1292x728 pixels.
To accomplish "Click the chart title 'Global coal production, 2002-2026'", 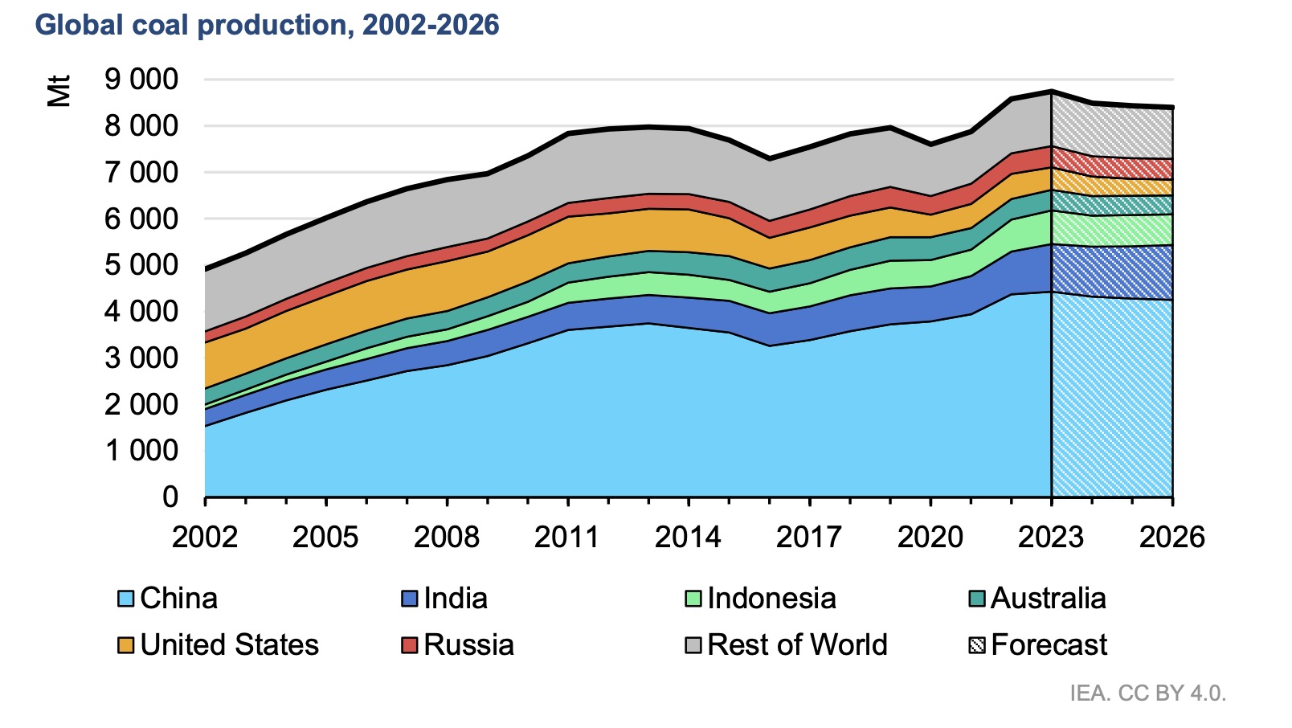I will pyautogui.click(x=267, y=25).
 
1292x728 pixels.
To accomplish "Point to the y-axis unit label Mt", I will pyautogui.click(x=59, y=91).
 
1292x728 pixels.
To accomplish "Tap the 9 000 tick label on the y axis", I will pyautogui.click(x=141, y=80).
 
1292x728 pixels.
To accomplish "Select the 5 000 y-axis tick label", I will pyautogui.click(x=141, y=265).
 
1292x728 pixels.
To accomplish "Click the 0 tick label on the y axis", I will pyautogui.click(x=170, y=497).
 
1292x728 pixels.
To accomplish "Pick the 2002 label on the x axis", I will pyautogui.click(x=205, y=537).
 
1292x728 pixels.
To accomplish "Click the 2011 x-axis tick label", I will pyautogui.click(x=567, y=537).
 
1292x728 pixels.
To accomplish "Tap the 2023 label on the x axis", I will pyautogui.click(x=1051, y=537).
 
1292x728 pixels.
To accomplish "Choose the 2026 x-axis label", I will pyautogui.click(x=1171, y=537).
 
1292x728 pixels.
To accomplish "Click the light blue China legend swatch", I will pyautogui.click(x=125, y=599).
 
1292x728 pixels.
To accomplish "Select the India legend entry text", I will pyautogui.click(x=456, y=599).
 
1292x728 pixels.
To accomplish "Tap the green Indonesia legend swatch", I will pyautogui.click(x=693, y=599).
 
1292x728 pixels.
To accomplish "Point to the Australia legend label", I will pyautogui.click(x=1048, y=599).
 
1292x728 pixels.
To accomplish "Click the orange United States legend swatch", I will pyautogui.click(x=125, y=645).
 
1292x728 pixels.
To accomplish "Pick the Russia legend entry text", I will pyautogui.click(x=468, y=645).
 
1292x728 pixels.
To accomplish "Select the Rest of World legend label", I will pyautogui.click(x=797, y=645).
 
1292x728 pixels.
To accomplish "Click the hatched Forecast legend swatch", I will pyautogui.click(x=977, y=645).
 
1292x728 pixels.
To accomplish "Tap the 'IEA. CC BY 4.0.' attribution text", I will pyautogui.click(x=1147, y=693).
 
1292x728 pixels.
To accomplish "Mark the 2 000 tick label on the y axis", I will pyautogui.click(x=141, y=404).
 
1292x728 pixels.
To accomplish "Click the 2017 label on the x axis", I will pyautogui.click(x=809, y=537).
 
